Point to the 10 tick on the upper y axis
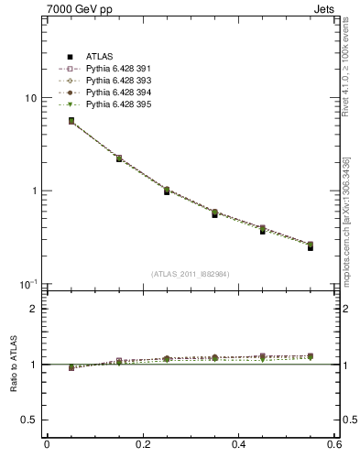[30, 98]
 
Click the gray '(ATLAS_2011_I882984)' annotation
[191, 273]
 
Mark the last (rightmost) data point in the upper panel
[311, 246]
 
